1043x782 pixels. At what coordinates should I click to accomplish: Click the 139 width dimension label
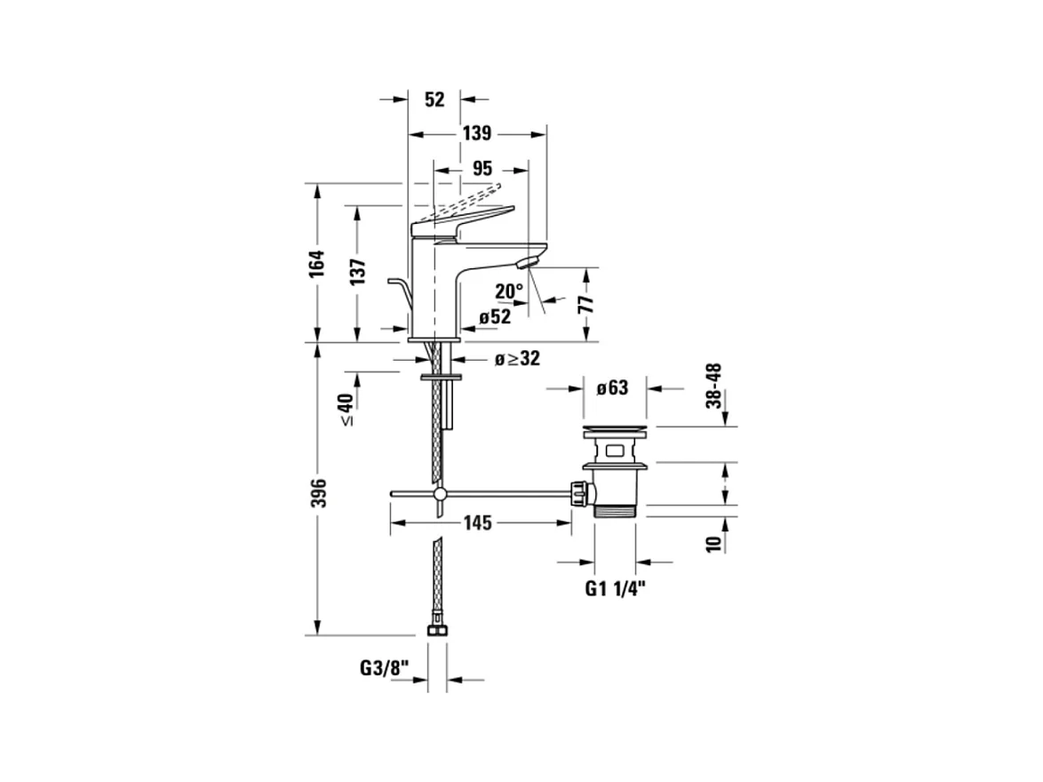click(477, 134)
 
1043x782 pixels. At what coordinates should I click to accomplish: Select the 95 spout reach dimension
click(482, 168)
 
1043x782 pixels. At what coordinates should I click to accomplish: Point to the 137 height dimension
click(357, 274)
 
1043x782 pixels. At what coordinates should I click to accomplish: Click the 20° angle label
click(509, 291)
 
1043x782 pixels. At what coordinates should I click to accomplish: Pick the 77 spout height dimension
click(585, 304)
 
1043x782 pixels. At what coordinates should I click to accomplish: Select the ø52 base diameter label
click(495, 315)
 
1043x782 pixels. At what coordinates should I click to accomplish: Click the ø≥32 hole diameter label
click(518, 359)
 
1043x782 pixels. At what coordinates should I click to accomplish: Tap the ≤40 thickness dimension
click(346, 409)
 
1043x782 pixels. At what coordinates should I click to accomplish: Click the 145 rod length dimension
click(477, 523)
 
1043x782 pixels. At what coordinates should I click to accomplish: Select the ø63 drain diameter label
click(612, 387)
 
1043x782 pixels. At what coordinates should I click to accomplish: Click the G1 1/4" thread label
click(615, 587)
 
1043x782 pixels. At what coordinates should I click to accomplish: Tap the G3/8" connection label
click(383, 666)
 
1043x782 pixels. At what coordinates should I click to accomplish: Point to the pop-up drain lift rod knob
click(392, 283)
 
